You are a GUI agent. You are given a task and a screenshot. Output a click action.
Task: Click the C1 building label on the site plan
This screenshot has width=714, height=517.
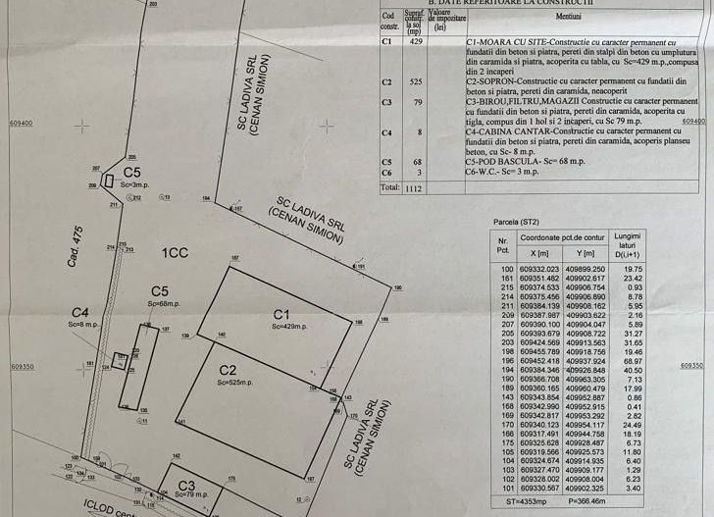[x=281, y=313]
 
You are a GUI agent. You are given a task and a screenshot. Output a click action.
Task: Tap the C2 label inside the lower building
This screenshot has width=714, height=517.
[x=228, y=370]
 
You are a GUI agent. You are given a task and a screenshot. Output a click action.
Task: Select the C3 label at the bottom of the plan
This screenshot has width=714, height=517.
[x=186, y=485]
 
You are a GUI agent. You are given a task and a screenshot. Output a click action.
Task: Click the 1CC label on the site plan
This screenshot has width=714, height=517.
[x=175, y=253]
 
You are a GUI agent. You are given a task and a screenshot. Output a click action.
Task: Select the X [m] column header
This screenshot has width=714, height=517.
[x=538, y=253]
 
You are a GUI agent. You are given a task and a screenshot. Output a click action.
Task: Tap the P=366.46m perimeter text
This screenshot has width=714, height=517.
[x=590, y=503]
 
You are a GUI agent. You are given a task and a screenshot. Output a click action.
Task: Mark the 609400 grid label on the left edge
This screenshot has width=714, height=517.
[x=22, y=124]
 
